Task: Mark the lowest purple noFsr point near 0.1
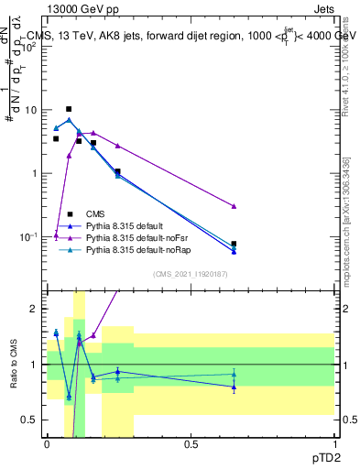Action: tap(56, 235)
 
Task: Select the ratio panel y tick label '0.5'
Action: tap(33, 420)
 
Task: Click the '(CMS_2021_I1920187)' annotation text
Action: tap(191, 274)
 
